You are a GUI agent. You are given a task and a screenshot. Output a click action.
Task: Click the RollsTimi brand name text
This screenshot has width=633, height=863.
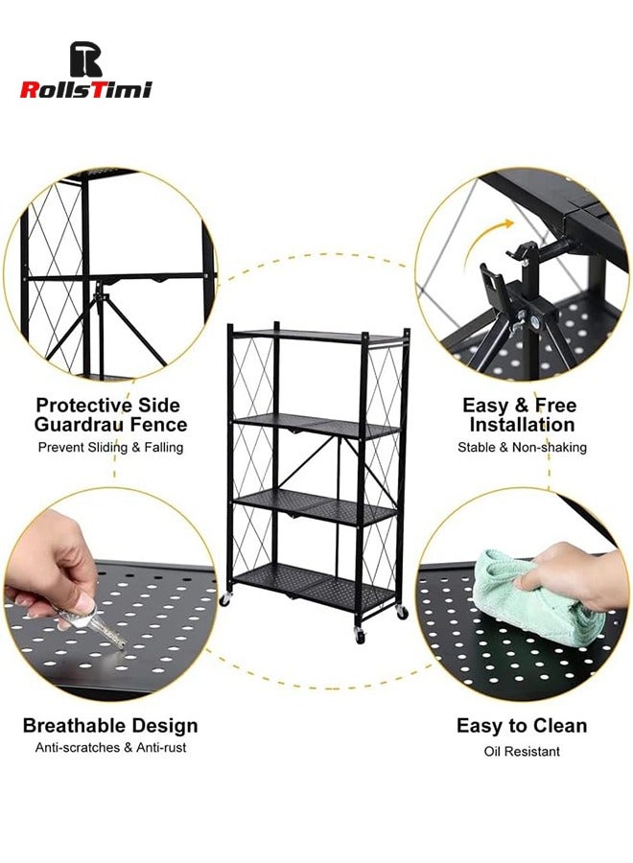[86, 89]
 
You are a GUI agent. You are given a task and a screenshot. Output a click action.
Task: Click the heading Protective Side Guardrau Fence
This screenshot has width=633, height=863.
[111, 414]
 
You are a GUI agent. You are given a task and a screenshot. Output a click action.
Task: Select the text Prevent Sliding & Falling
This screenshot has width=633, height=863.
[111, 447]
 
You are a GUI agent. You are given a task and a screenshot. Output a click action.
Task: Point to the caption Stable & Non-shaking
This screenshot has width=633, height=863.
[522, 447]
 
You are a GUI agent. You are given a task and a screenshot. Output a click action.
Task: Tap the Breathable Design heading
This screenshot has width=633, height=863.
[110, 726]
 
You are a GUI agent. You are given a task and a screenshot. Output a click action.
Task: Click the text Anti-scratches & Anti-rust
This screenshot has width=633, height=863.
[110, 748]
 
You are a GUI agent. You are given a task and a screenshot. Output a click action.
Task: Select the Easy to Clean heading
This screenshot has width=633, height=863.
[522, 726]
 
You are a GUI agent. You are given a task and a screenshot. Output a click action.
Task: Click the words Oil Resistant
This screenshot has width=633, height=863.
[522, 751]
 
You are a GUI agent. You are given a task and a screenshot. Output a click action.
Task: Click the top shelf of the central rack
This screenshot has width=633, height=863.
[316, 336]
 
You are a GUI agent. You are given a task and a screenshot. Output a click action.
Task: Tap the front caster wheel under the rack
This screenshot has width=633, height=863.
[360, 635]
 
